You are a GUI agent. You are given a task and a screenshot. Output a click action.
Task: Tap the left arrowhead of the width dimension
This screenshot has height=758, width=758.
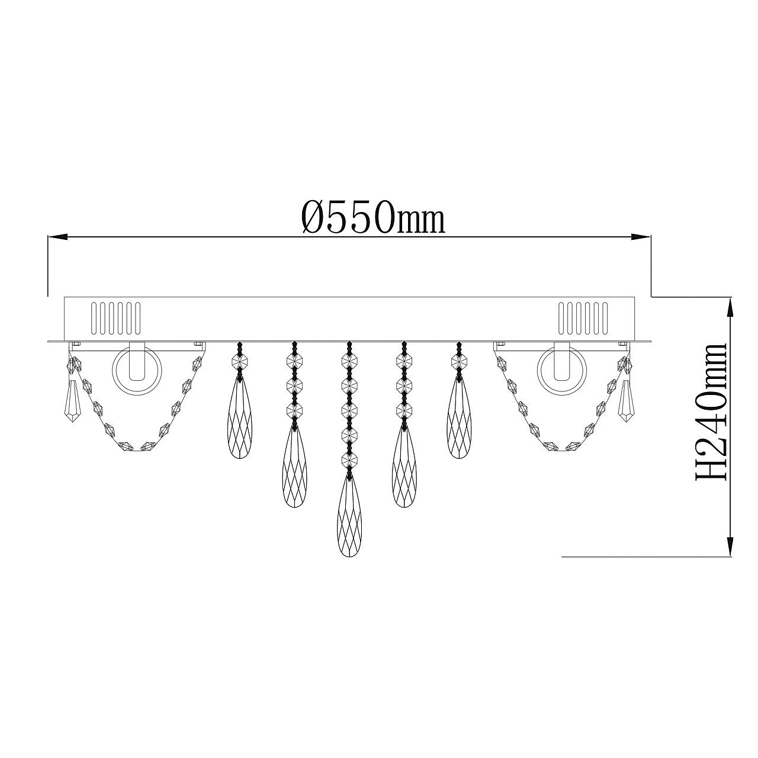pyautogui.click(x=57, y=237)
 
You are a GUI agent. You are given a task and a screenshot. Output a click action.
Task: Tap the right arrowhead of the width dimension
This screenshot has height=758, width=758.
pyautogui.click(x=641, y=237)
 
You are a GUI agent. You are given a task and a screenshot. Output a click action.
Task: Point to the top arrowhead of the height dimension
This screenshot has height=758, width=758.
pyautogui.click(x=731, y=307)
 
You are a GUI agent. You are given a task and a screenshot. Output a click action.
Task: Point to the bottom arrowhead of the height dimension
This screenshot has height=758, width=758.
pyautogui.click(x=731, y=547)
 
